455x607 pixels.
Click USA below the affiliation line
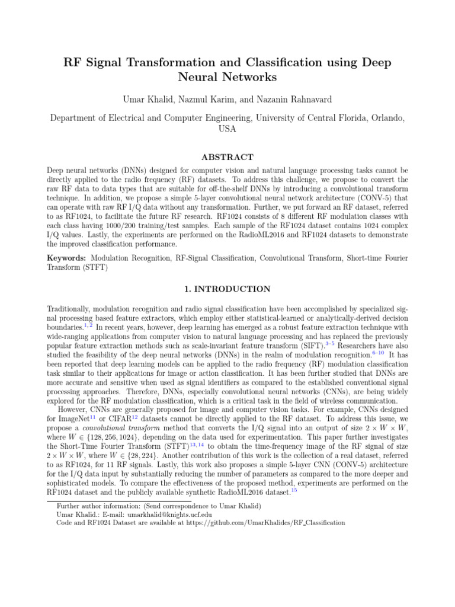pos(227,129)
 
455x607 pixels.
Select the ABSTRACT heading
pos(227,157)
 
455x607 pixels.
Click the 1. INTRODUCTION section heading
pos(227,289)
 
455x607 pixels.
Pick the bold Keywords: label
pos(67,258)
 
